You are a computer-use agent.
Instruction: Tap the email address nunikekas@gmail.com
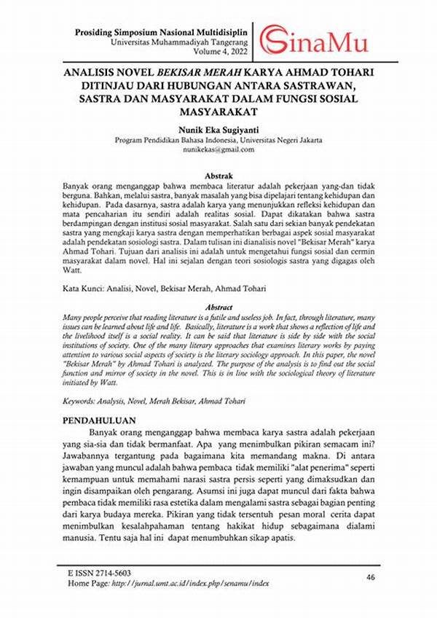[x=219, y=149]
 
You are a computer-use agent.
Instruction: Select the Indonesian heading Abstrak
[x=219, y=176]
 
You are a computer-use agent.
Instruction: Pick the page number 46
[x=371, y=577]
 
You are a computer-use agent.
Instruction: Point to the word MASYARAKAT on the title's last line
[x=219, y=112]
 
